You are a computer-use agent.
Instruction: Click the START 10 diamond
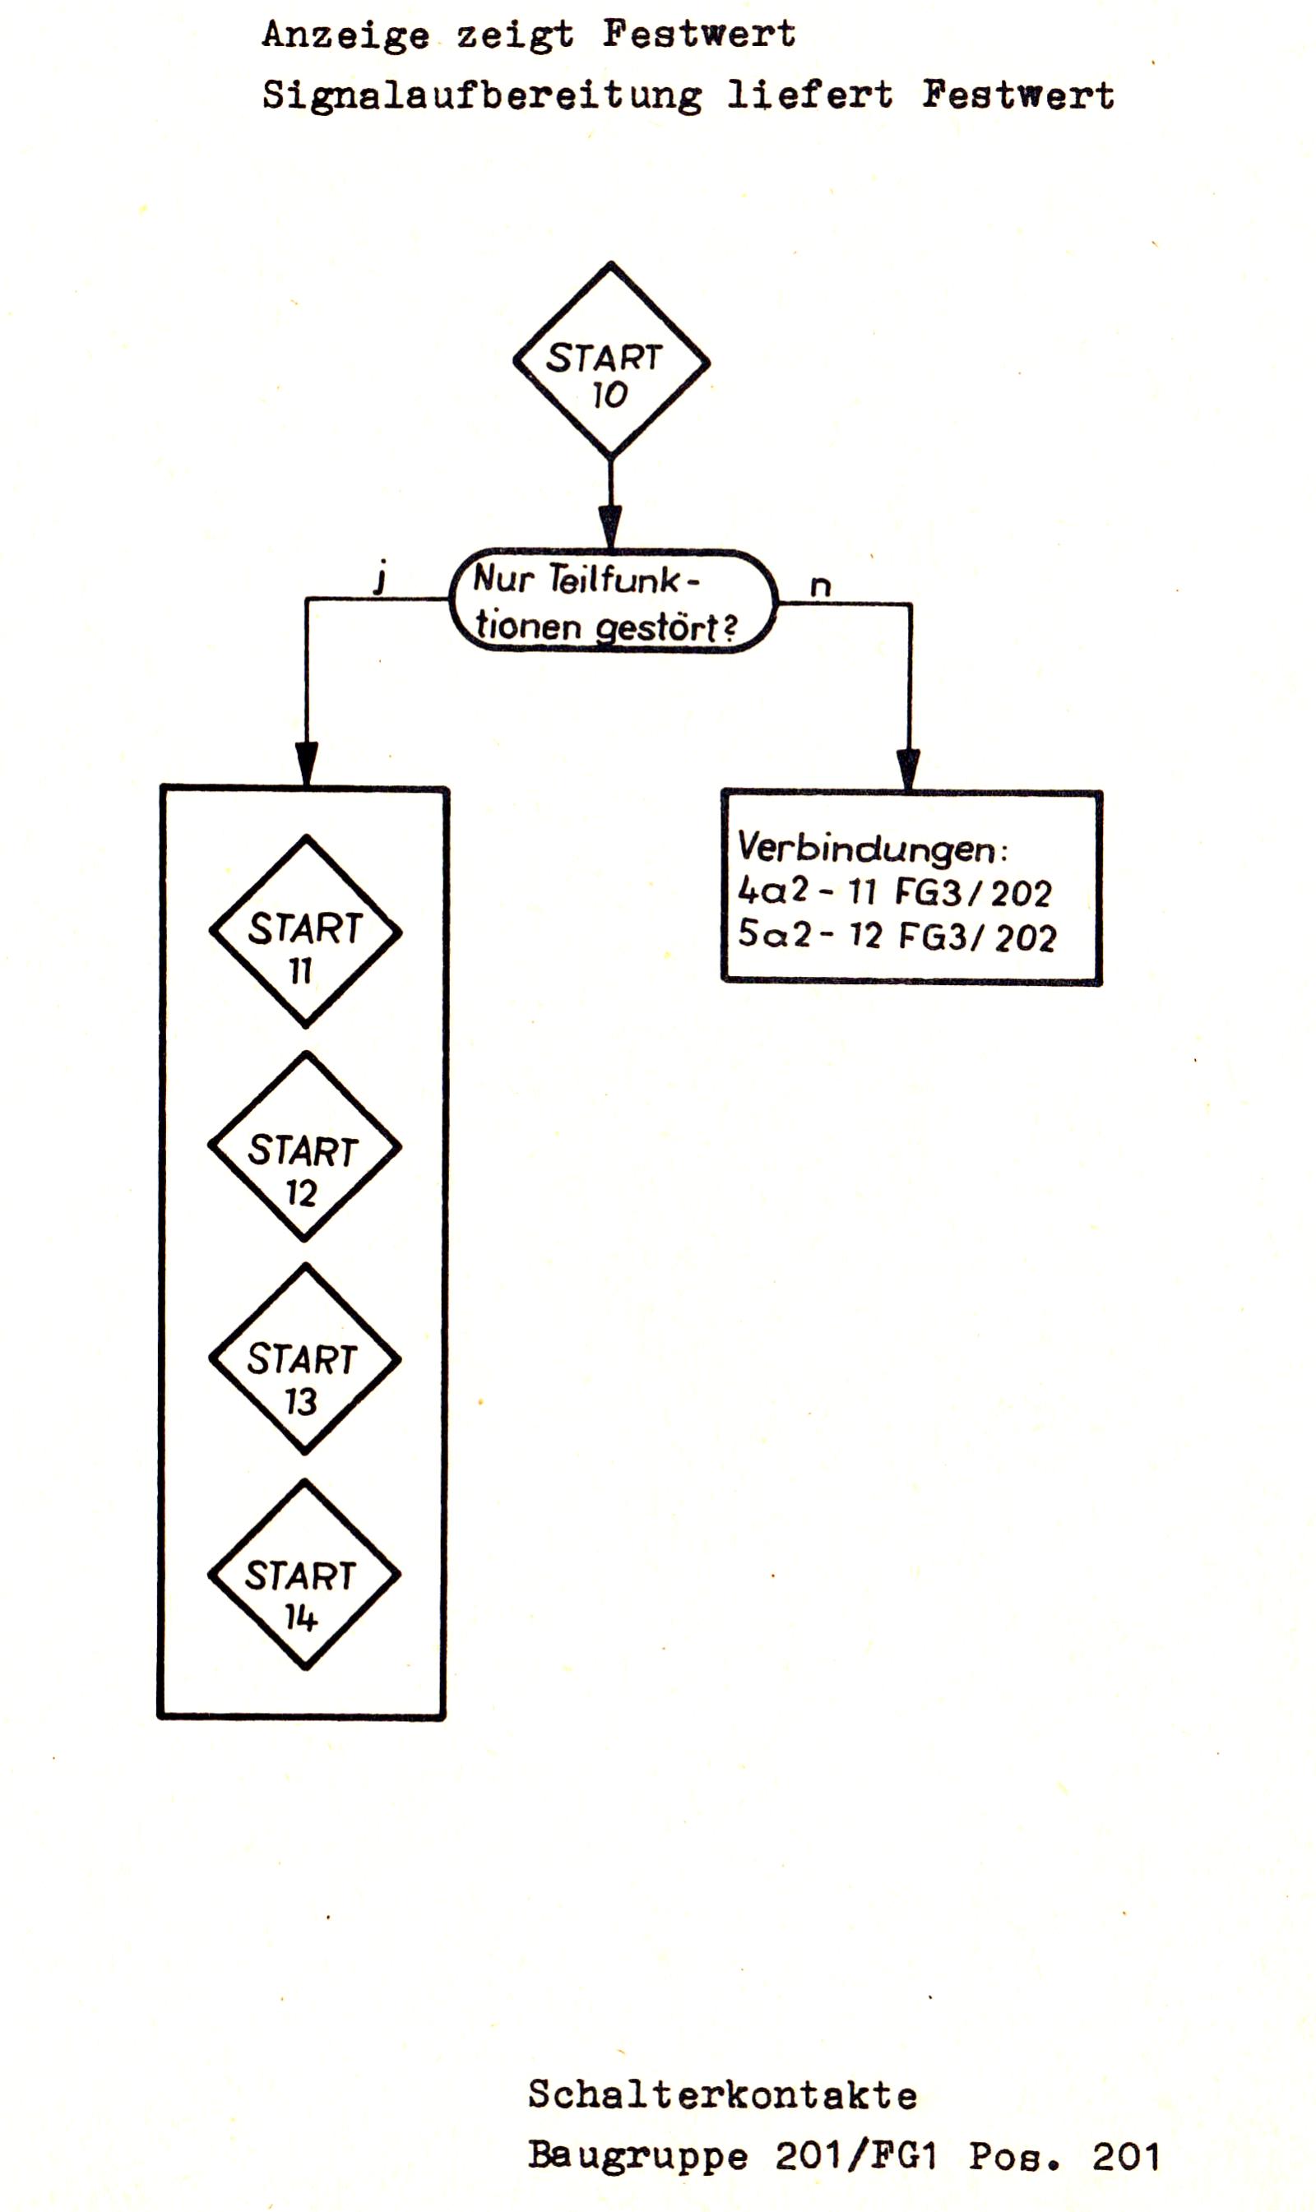click(611, 362)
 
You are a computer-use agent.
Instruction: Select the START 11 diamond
click(306, 932)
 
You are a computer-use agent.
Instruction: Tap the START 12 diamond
click(305, 1147)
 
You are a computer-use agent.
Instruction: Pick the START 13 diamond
click(305, 1359)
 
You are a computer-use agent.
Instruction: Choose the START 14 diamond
click(304, 1576)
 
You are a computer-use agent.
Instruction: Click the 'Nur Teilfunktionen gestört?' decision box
click(613, 602)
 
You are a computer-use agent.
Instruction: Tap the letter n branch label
click(820, 586)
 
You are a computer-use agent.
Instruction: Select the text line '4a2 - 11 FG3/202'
click(894, 891)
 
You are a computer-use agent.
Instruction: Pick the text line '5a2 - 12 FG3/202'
click(897, 935)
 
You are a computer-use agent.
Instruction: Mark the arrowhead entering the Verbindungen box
click(909, 769)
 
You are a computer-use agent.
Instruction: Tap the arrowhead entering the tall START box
click(307, 763)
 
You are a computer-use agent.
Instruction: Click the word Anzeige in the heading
click(345, 35)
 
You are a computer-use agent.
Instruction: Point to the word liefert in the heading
click(809, 95)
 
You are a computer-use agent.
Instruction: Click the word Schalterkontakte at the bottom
click(723, 2096)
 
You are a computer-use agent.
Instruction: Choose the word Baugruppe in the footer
click(637, 2157)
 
